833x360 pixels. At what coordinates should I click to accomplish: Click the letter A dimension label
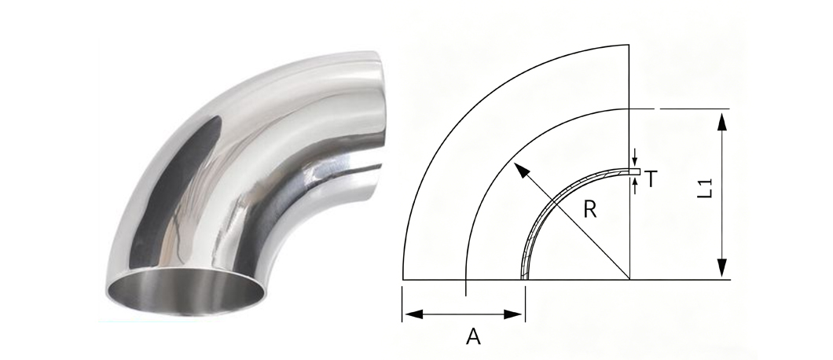[x=473, y=336]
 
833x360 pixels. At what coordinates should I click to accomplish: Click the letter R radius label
[x=589, y=209]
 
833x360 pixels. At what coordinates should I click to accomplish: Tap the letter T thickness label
[x=651, y=179]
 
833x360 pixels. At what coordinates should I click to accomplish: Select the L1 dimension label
[x=704, y=189]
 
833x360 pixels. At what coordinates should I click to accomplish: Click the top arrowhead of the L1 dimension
[x=721, y=121]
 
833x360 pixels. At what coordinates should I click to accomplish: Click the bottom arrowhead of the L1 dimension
[x=721, y=267]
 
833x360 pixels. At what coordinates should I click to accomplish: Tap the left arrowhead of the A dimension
[x=413, y=314]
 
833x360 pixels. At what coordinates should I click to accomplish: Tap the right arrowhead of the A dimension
[x=513, y=314]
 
